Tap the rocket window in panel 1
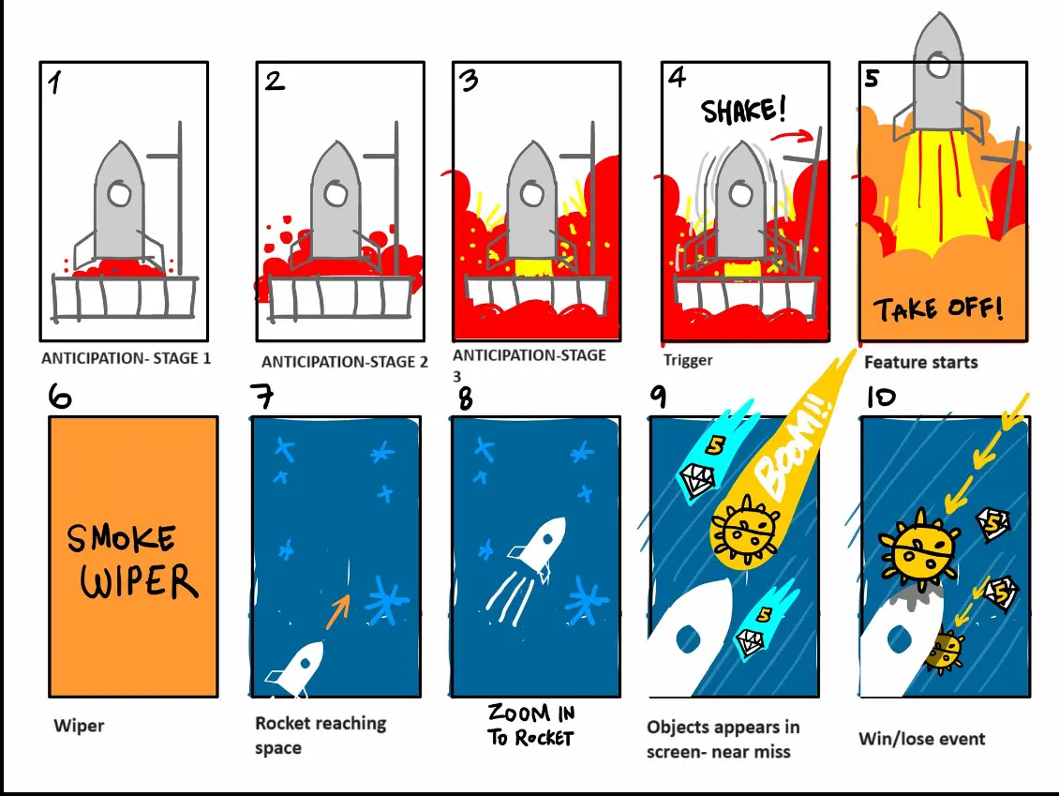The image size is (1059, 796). (x=119, y=194)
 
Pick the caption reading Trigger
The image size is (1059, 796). (x=688, y=360)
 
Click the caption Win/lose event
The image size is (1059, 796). (x=921, y=739)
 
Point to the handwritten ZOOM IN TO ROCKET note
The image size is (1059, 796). (x=529, y=726)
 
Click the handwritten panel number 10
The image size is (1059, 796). (x=880, y=398)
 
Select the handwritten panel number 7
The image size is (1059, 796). (x=264, y=397)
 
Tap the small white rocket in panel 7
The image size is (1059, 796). (x=298, y=667)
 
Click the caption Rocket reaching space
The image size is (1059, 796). (x=321, y=735)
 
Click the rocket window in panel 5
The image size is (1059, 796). (x=937, y=65)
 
